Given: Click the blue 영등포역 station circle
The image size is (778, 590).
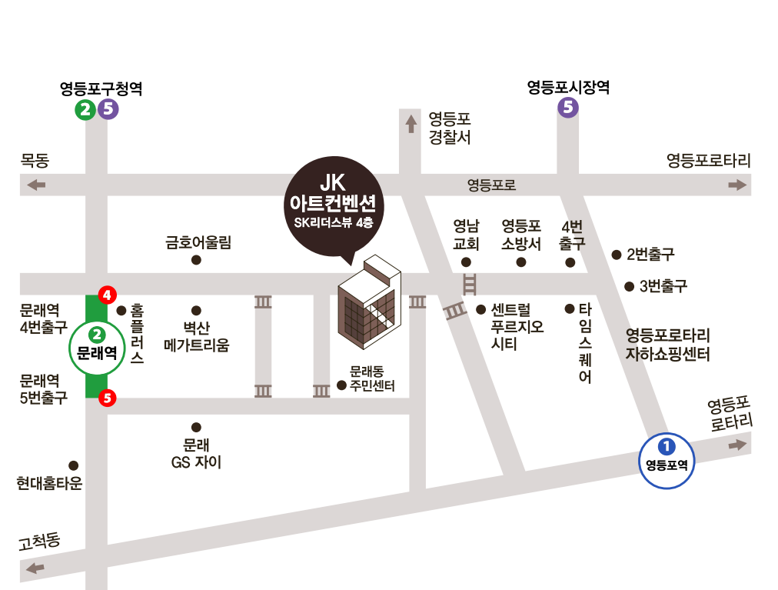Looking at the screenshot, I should (x=667, y=460).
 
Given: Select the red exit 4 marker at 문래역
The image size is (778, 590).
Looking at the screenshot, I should (x=108, y=295).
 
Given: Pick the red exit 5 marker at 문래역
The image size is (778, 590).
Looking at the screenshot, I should (x=108, y=398).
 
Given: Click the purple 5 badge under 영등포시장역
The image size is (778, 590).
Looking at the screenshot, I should (x=568, y=108).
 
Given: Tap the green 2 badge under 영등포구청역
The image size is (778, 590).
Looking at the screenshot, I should (x=85, y=110).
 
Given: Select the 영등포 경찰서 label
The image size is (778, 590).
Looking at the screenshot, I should (x=450, y=128).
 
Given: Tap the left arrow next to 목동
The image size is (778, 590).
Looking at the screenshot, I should (x=35, y=185).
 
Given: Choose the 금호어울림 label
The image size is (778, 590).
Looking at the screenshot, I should (x=198, y=242).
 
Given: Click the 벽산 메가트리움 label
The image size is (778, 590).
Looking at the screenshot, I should (x=197, y=337).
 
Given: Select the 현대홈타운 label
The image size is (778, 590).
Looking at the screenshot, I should (x=49, y=483).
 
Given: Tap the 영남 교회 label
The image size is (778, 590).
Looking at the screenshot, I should (x=467, y=235).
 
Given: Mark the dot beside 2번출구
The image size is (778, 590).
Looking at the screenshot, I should (x=616, y=254).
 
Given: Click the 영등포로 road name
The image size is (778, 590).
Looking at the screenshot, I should (x=491, y=185).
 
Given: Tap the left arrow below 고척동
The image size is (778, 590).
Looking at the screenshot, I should (x=35, y=568).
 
